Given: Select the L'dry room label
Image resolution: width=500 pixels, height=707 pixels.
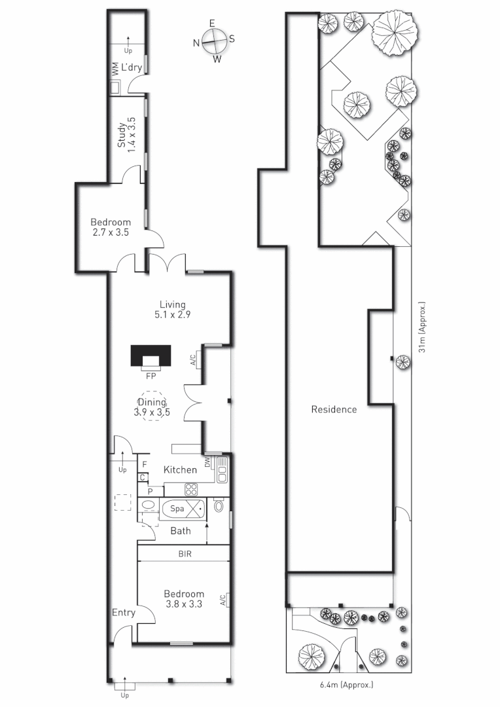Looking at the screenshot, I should pos(132,66).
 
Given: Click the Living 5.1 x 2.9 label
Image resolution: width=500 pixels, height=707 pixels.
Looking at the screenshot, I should pos(173,309).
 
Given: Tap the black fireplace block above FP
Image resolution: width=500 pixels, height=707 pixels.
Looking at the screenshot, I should pos(151,356).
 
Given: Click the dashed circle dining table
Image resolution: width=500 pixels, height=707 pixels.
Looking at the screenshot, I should pos(151,407).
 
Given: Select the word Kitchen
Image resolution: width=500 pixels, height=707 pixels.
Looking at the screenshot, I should pos(180,470).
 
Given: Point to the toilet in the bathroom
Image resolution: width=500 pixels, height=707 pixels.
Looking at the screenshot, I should pos(219,506).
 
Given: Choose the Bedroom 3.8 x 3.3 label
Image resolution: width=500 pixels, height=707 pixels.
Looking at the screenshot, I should pos(183,599).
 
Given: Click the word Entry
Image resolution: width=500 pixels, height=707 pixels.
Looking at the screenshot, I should pos(124,613).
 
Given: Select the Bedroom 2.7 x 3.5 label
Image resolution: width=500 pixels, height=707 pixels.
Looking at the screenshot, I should pos(110,227).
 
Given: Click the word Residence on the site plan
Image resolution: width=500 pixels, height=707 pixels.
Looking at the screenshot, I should pos(334,410).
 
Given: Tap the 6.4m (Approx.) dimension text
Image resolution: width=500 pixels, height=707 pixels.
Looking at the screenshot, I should pos(346,685).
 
